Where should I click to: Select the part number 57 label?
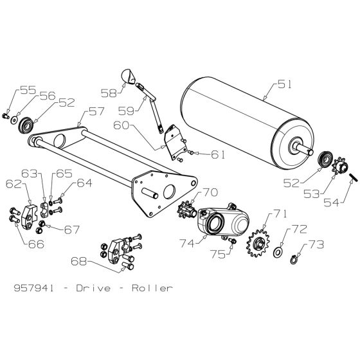pos(96,112)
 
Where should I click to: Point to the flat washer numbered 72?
pos(279,251)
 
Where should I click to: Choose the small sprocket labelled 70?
pos(188,210)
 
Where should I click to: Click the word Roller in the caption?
pos(152,288)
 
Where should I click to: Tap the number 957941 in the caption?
pos(33,288)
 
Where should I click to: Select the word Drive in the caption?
pos(96,288)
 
